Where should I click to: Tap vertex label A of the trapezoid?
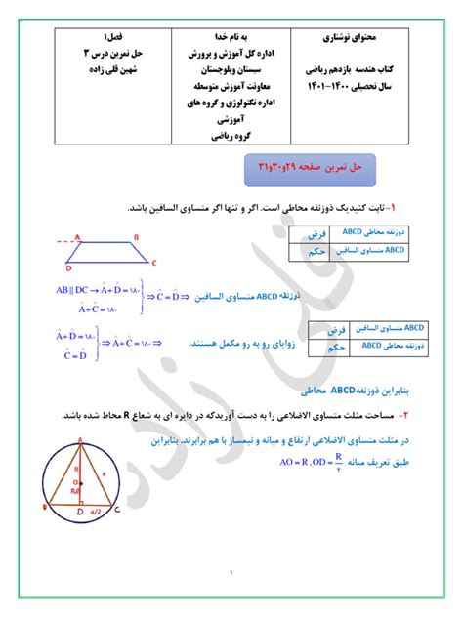click(76, 235)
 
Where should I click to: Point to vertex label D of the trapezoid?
click(67, 267)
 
